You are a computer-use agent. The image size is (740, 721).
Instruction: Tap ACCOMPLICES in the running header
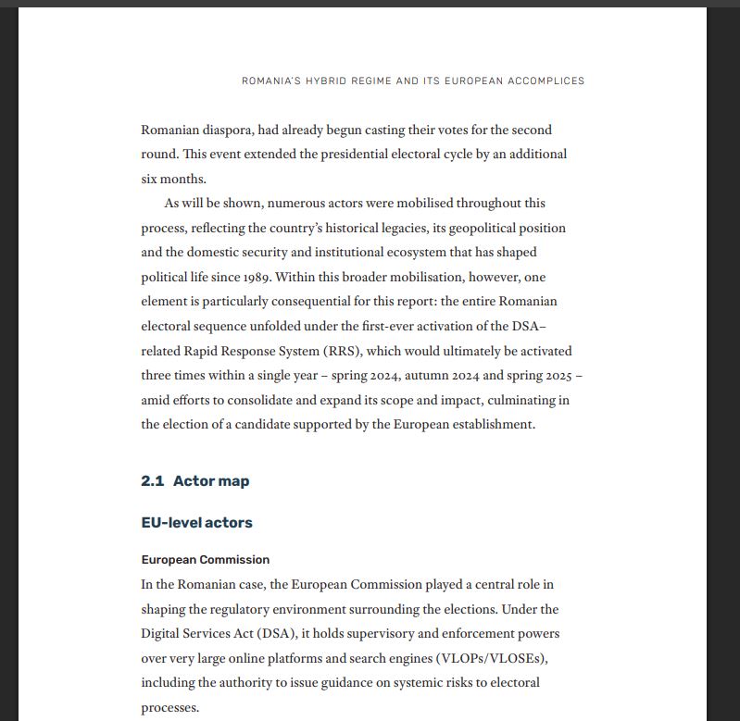point(541,81)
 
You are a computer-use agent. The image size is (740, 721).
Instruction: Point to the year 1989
point(257,277)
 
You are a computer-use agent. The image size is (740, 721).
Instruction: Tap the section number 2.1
point(152,481)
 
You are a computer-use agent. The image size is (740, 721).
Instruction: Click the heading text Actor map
point(211,481)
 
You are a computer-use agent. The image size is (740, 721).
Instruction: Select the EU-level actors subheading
point(196,523)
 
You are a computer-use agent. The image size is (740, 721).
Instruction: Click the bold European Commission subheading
point(205,560)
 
